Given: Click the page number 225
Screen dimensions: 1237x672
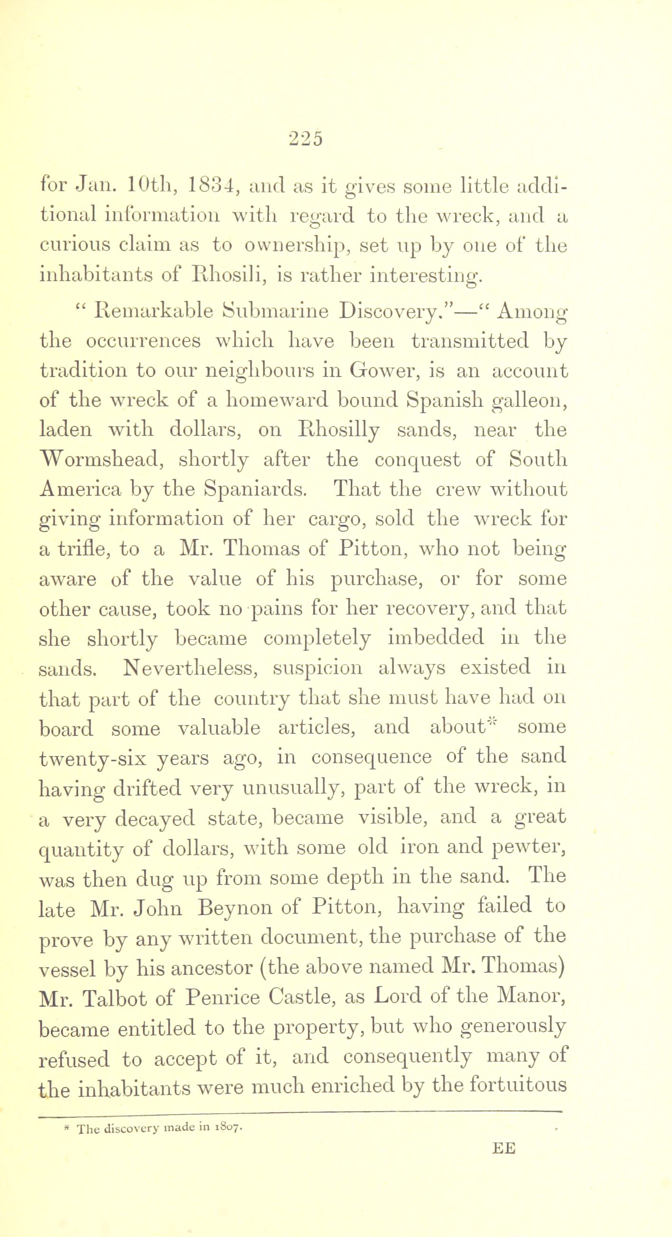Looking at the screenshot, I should (x=306, y=138).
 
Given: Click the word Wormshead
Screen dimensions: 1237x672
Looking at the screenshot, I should (x=106, y=460).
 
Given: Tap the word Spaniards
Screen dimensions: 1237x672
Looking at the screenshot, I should (x=254, y=489).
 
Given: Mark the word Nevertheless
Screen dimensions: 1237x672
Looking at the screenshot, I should (x=190, y=667).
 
